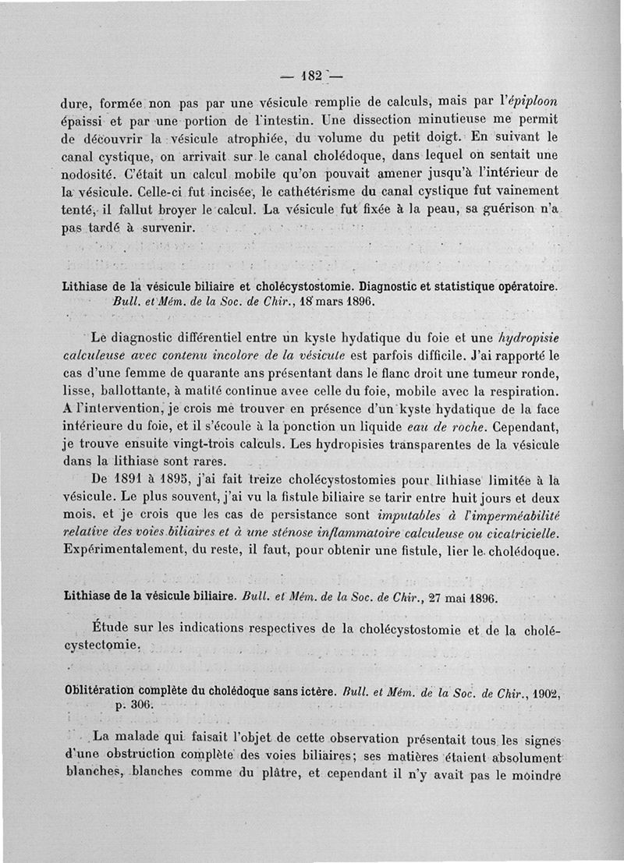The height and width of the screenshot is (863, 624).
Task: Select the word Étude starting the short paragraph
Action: [111, 628]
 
